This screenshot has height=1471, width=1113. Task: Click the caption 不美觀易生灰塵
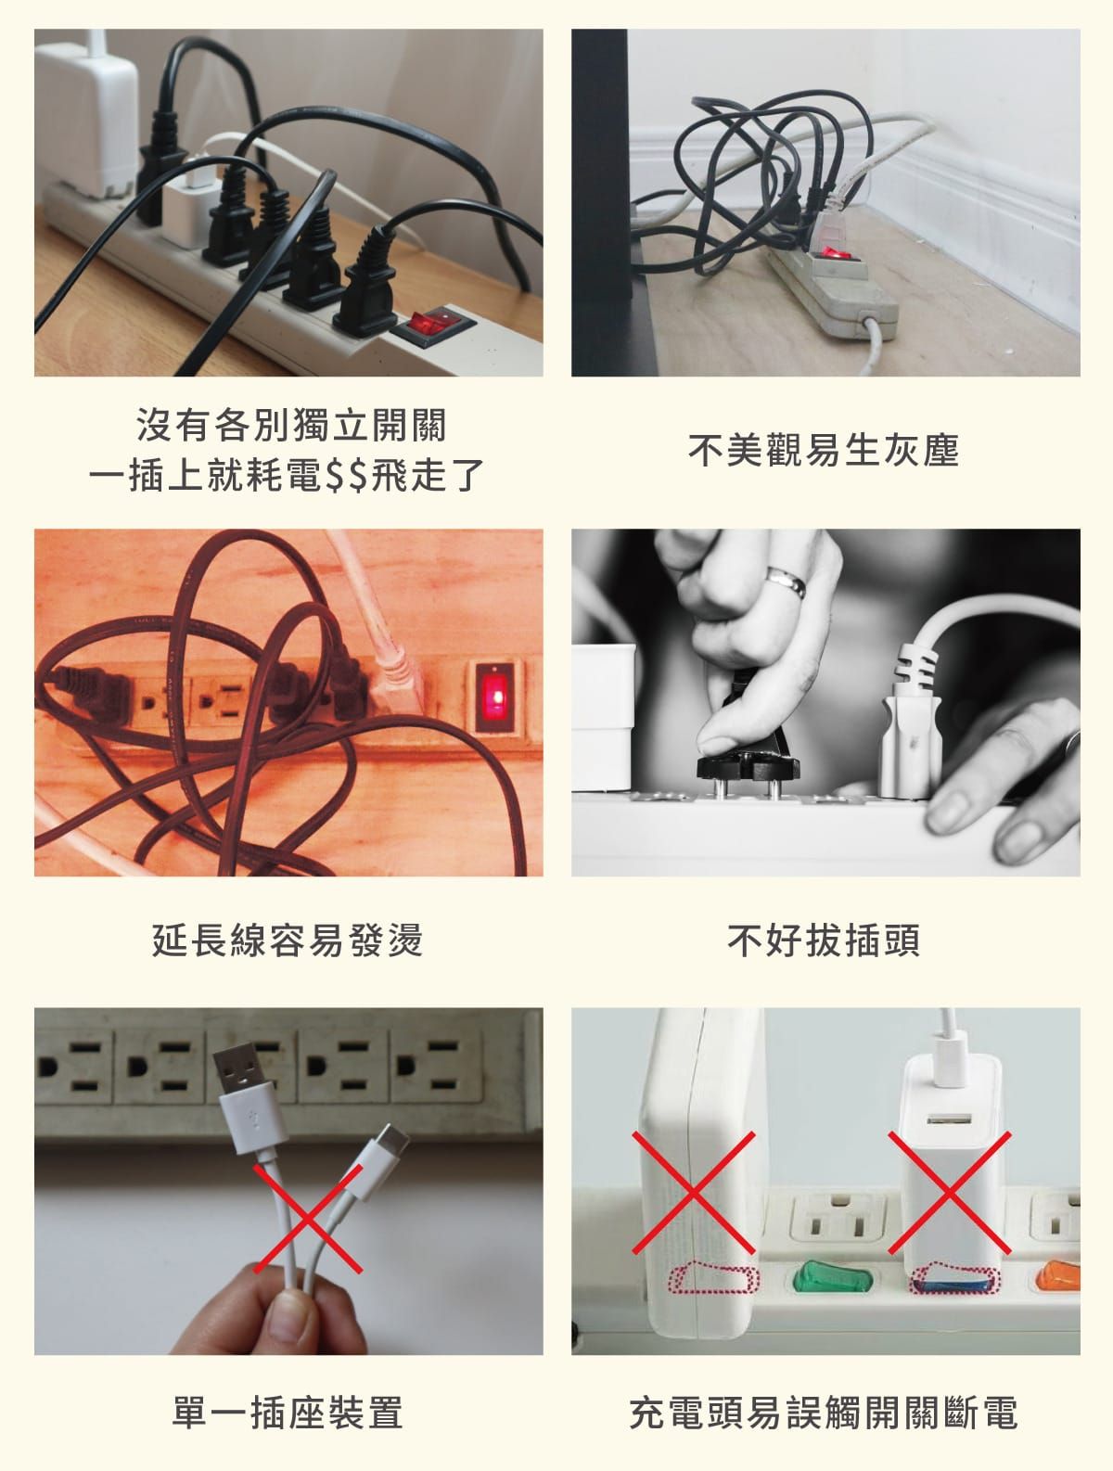coord(824,450)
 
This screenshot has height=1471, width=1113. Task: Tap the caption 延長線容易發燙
coord(288,940)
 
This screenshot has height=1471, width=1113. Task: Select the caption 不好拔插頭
coord(824,940)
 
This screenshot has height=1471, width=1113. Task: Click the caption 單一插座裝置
coord(288,1412)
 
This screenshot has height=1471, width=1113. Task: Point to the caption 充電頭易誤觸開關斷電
coord(824,1412)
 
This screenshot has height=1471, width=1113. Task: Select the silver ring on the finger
coord(787,581)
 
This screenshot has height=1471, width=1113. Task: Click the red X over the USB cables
coord(308,1219)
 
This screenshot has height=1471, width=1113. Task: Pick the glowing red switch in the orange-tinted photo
coord(495,697)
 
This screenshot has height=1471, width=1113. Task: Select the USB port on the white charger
coord(949,1119)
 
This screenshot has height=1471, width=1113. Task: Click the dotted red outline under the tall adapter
coord(714,1278)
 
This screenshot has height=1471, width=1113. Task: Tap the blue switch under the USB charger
coord(953,1286)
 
